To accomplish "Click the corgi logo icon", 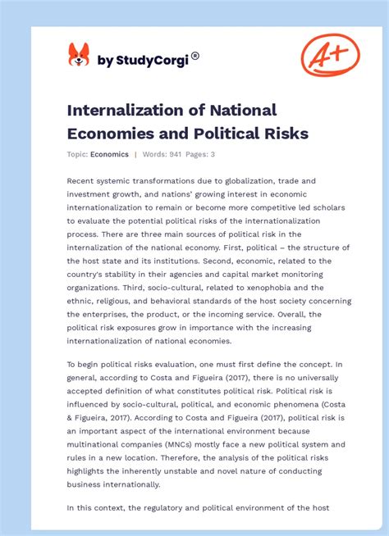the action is pos(79,55).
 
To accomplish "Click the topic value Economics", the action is pos(110,154).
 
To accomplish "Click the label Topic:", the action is pos(78,154).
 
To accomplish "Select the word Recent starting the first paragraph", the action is pos(84,180).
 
